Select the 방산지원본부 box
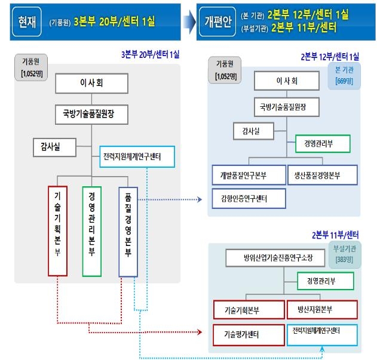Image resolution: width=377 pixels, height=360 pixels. [x=322, y=310]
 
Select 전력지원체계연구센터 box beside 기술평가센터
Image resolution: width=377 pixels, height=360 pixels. [x=322, y=332]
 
